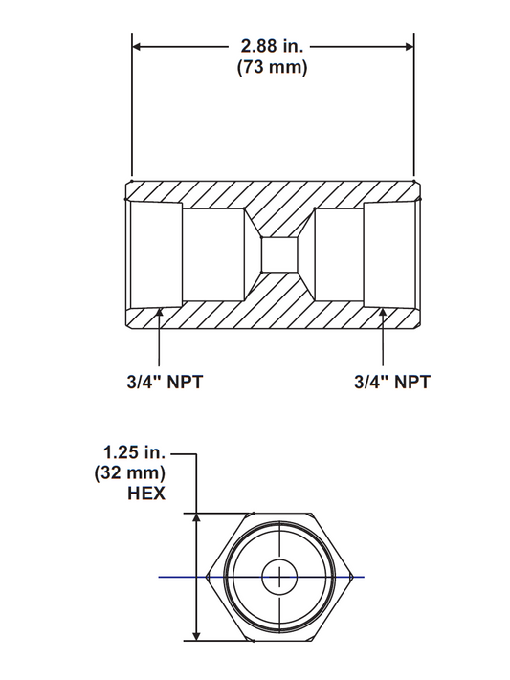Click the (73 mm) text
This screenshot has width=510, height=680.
coord(272,69)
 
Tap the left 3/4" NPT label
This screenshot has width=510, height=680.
coord(163,382)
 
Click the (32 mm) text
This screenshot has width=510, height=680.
coord(132,472)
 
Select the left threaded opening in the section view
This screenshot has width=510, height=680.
coord(155,255)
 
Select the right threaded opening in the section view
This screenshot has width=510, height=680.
coord(390,255)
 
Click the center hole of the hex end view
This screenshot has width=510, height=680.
coord(278,577)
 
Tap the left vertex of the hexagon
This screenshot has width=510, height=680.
coord(207,577)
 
